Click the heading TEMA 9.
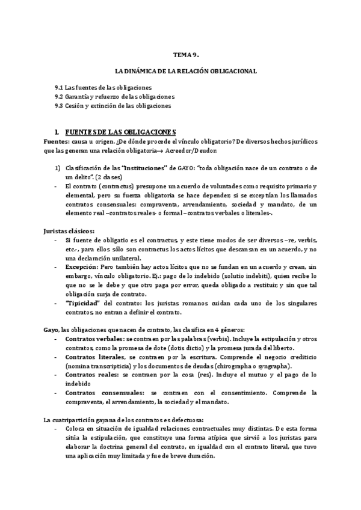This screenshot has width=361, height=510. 180,54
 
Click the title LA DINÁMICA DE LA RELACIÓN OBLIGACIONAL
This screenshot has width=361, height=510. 180,71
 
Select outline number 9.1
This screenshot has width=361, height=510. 60,88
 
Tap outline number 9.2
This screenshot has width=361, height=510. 60,97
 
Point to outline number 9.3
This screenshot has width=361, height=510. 60,106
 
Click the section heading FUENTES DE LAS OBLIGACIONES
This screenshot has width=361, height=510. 119,132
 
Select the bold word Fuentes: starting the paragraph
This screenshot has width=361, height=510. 57,141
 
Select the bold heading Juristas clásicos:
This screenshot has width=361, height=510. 69,232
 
